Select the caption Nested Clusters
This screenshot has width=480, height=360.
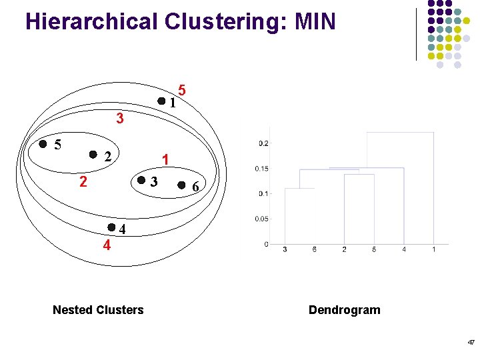(98, 309)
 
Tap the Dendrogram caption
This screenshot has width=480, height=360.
(345, 309)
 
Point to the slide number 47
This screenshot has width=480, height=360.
(471, 342)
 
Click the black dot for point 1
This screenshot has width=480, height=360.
(161, 101)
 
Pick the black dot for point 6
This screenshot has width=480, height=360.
(182, 185)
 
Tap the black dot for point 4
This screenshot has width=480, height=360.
(111, 227)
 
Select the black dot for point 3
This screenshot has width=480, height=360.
(141, 181)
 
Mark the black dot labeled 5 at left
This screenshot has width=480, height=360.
(43, 143)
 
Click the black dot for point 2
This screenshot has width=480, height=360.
(93, 154)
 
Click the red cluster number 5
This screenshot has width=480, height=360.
(182, 89)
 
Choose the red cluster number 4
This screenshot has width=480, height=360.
(106, 245)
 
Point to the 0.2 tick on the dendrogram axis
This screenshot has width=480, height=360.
(263, 143)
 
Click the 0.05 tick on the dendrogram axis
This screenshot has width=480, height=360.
(261, 219)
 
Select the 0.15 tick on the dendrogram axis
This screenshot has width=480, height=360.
(261, 168)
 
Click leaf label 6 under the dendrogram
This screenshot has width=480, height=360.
(314, 249)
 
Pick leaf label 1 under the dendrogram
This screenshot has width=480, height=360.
(434, 249)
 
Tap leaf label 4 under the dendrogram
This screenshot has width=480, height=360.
(404, 249)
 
